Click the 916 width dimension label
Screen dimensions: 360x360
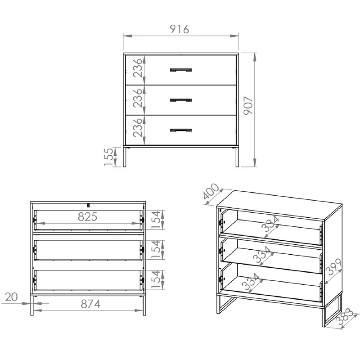179,29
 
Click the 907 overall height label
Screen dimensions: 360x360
248,105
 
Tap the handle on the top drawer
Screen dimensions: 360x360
181,70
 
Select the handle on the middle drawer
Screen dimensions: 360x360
181,100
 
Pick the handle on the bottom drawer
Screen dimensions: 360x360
181,130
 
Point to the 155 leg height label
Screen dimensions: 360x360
108,157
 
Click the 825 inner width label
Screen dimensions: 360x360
87,216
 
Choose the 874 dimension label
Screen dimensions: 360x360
90,304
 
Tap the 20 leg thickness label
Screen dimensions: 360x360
11,297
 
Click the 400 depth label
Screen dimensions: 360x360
211,191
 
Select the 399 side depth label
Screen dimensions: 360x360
334,266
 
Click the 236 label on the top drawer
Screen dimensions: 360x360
138,68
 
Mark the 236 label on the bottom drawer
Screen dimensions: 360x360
138,128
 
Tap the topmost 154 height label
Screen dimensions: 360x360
156,220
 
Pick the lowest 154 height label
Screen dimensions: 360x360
156,279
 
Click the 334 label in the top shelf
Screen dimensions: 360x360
270,224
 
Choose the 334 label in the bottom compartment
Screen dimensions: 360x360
251,282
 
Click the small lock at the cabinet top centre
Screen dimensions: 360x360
88,205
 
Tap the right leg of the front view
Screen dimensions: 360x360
237,157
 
